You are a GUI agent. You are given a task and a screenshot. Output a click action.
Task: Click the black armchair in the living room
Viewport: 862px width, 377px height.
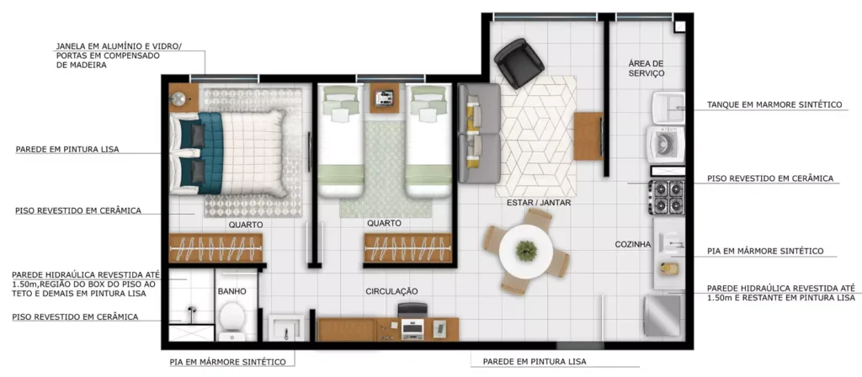coord(519,62)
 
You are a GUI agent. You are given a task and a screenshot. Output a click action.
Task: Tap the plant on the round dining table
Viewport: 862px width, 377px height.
coord(526,251)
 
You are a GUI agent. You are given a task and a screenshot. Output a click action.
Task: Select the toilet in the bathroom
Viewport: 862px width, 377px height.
coord(231,321)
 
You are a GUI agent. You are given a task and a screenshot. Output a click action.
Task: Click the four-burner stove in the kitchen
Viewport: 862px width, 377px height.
coord(667,197)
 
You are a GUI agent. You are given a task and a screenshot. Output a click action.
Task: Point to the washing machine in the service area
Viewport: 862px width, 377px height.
coord(666,144)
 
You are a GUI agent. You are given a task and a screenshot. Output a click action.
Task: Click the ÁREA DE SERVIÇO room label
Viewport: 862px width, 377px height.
coord(646,68)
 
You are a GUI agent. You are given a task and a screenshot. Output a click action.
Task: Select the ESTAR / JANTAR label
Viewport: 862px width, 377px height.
coord(539,203)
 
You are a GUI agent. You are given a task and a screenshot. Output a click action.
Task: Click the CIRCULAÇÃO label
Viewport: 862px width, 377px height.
coord(392,290)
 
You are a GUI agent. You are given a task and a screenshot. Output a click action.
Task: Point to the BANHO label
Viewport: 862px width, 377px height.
coord(231,291)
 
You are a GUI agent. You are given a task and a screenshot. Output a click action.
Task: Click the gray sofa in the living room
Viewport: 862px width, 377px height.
coord(479,133)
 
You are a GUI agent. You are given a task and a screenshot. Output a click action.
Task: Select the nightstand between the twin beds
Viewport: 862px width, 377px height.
coord(384,98)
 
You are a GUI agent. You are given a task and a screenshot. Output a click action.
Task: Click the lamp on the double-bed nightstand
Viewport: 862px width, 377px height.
coord(178,99)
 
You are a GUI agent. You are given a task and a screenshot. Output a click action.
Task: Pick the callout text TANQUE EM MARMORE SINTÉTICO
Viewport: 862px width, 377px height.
coord(774,104)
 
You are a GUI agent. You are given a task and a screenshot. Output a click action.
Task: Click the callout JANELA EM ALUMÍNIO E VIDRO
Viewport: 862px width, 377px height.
coord(118,47)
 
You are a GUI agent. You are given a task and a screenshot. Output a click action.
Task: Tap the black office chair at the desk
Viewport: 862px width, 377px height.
coord(412,310)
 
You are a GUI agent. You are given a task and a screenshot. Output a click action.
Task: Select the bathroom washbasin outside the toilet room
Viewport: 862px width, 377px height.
coord(286,327)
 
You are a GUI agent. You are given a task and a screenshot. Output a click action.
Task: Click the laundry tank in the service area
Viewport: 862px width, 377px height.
coord(668,109)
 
